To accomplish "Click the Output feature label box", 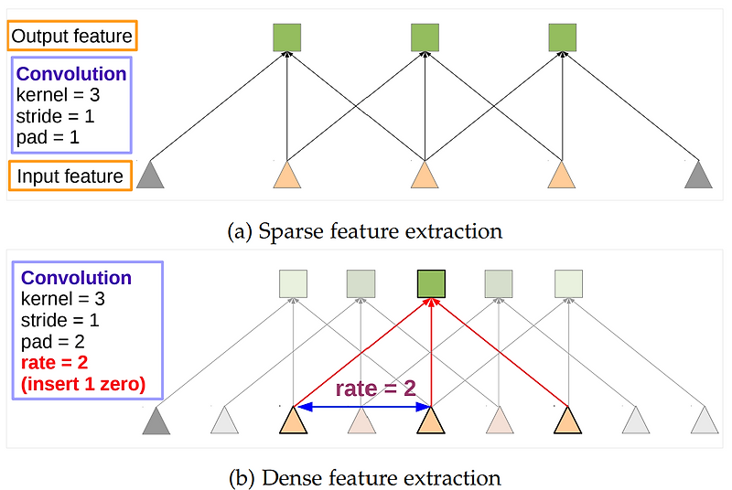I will pyautogui.click(x=72, y=37).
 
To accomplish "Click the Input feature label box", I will pyautogui.click(x=70, y=176).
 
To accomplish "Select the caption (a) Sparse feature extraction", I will pyautogui.click(x=364, y=231).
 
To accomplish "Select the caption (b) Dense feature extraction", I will pyautogui.click(x=364, y=477).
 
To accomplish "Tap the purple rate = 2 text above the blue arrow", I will pyautogui.click(x=375, y=388).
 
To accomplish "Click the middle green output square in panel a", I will pyautogui.click(x=425, y=37).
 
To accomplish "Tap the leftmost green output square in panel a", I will pyautogui.click(x=287, y=37).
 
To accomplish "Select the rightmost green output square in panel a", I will pyautogui.click(x=562, y=37).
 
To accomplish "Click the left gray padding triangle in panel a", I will pyautogui.click(x=150, y=176).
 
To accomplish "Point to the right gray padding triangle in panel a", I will pyautogui.click(x=698, y=176).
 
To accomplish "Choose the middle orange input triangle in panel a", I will pyautogui.click(x=425, y=176).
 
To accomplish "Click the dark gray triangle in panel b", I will pyautogui.click(x=156, y=421).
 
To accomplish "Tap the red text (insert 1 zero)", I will pyautogui.click(x=83, y=384).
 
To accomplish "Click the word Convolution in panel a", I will pyautogui.click(x=71, y=74).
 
